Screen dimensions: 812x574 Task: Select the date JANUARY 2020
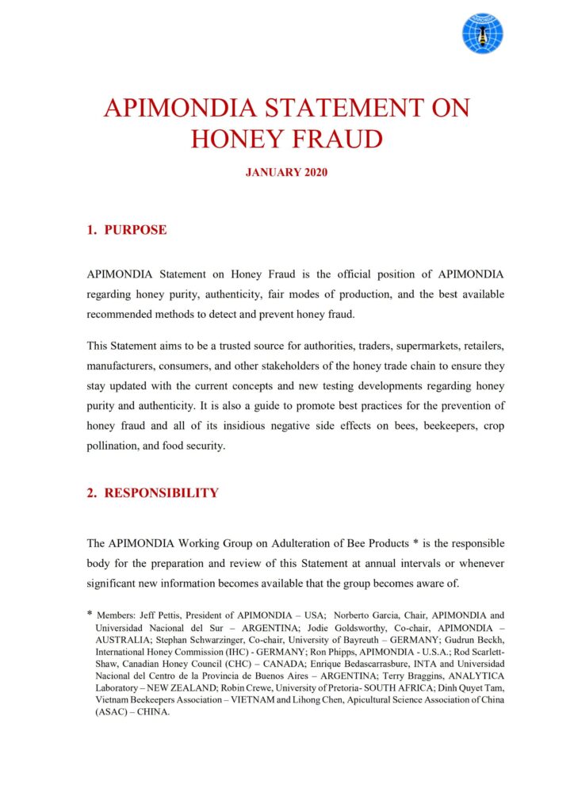(286, 172)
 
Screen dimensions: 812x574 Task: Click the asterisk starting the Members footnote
(90, 614)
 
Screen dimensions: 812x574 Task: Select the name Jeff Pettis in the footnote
(166, 615)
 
